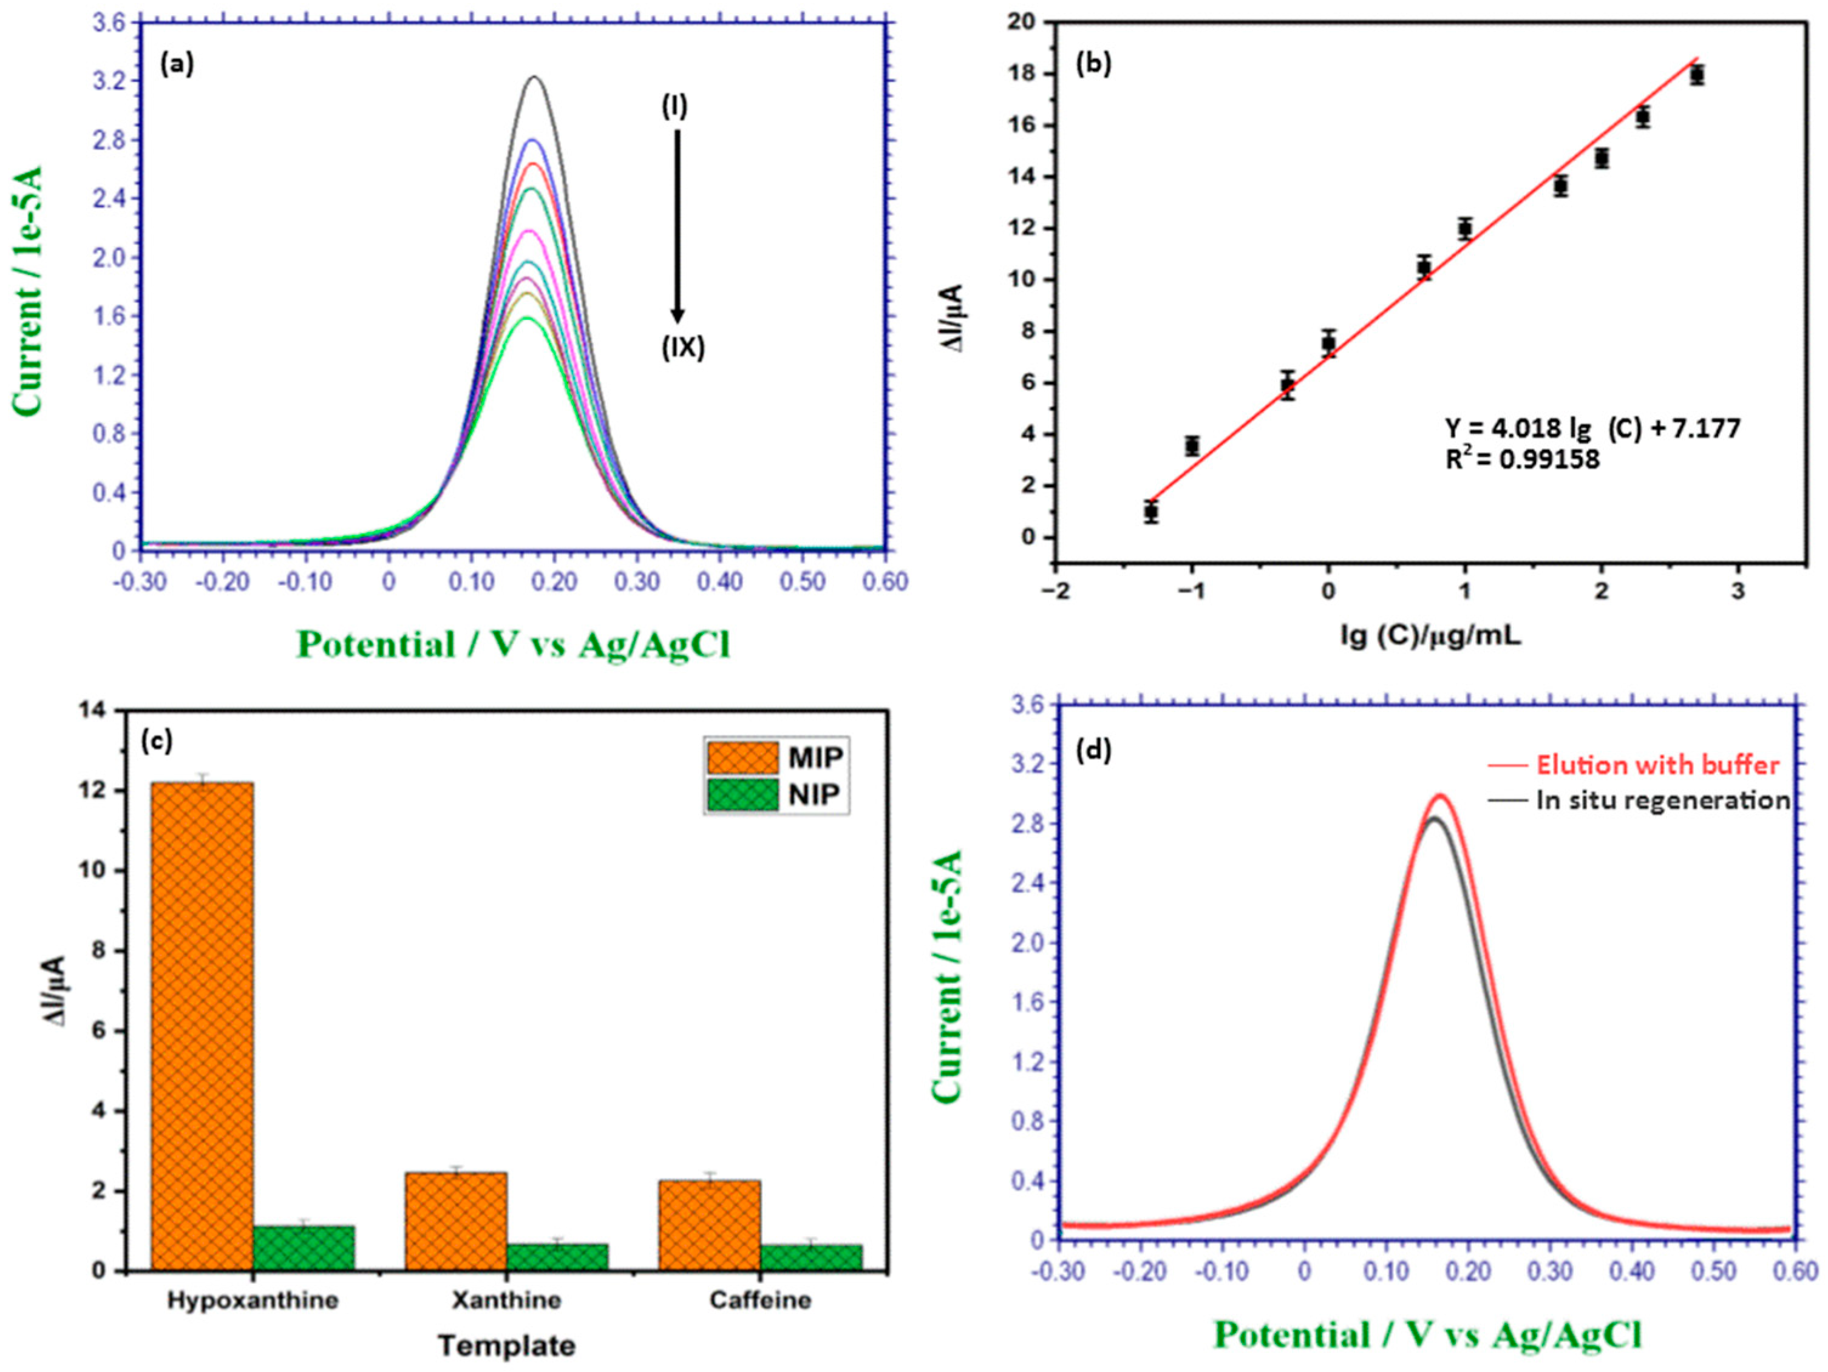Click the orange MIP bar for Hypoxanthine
click(202, 1024)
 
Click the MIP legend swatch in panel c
click(741, 757)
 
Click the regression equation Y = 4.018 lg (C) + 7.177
click(1592, 428)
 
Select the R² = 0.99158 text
click(1522, 460)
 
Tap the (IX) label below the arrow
click(682, 348)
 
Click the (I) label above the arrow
click(673, 107)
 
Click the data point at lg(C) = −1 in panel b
click(1192, 446)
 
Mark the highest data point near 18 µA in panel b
click(1697, 75)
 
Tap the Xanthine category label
click(506, 1300)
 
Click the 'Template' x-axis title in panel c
click(506, 1347)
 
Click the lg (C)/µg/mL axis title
click(1430, 636)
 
